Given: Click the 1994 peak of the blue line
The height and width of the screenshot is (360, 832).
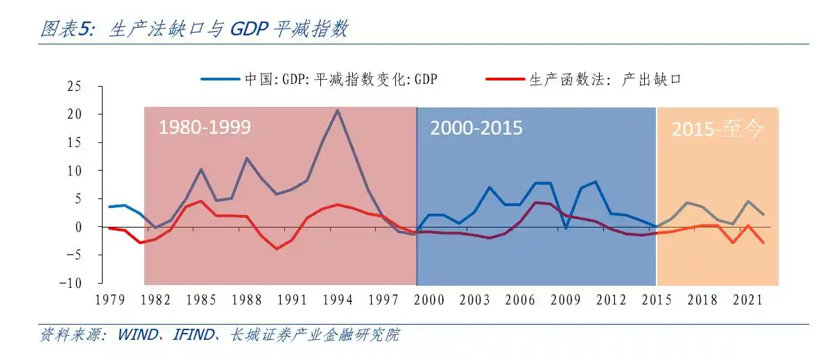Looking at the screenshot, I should pos(338,110).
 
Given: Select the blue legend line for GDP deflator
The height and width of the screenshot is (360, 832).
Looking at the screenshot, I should pos(221,79).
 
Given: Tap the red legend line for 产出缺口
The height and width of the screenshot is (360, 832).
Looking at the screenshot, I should pos(505,79).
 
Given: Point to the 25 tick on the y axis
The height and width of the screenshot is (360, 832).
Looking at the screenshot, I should pos(74,86).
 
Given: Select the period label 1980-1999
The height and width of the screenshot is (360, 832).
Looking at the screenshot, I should pos(205,128).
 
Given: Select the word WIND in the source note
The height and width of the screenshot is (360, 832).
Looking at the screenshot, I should pos(137,336).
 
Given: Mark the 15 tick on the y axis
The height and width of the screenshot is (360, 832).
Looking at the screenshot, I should pos(74,142).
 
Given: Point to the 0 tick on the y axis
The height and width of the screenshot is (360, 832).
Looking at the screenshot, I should pos(78,227).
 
